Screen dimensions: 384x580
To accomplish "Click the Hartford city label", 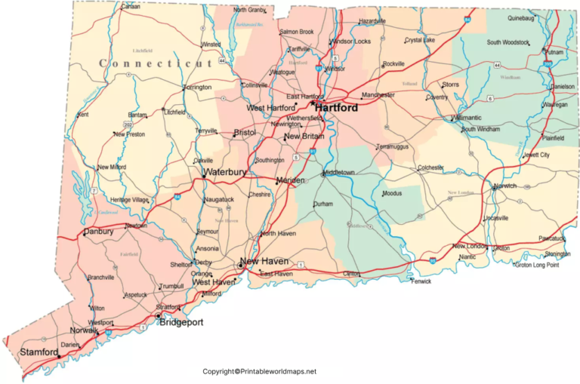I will (x=336, y=108).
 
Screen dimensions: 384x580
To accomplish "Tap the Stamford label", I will (x=39, y=352).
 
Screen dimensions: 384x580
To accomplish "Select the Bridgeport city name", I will (x=181, y=322).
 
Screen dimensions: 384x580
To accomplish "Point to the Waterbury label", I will (x=224, y=173).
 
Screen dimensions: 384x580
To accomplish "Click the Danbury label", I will (x=98, y=232).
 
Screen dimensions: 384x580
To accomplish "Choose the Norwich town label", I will (x=505, y=186).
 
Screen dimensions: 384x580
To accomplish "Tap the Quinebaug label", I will (x=520, y=17).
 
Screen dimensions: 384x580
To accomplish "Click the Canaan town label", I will (x=131, y=7).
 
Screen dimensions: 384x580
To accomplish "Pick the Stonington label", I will (x=557, y=254).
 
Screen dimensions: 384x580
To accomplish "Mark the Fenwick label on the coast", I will (x=421, y=281).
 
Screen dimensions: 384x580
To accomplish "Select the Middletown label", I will (x=339, y=173).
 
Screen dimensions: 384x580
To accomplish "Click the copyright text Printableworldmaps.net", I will (x=260, y=371).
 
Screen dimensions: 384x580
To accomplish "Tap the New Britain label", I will (x=305, y=137).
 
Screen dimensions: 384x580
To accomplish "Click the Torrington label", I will (x=197, y=88).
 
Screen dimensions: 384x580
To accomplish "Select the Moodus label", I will (x=392, y=194).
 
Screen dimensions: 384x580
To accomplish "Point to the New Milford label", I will (x=112, y=167).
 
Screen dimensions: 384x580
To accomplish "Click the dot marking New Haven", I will (x=240, y=266).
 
